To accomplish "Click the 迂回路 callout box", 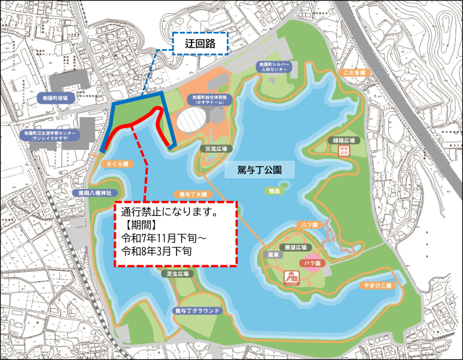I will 200,43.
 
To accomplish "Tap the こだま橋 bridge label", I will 355,72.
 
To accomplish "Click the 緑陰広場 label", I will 343,140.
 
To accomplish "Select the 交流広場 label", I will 215,148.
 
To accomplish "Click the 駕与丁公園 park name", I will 259,170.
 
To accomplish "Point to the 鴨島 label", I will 274,190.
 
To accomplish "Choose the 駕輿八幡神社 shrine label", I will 95,192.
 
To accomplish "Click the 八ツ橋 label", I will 307,223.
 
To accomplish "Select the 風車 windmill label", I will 274,254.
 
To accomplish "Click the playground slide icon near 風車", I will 290,278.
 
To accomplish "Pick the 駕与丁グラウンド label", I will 197,310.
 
